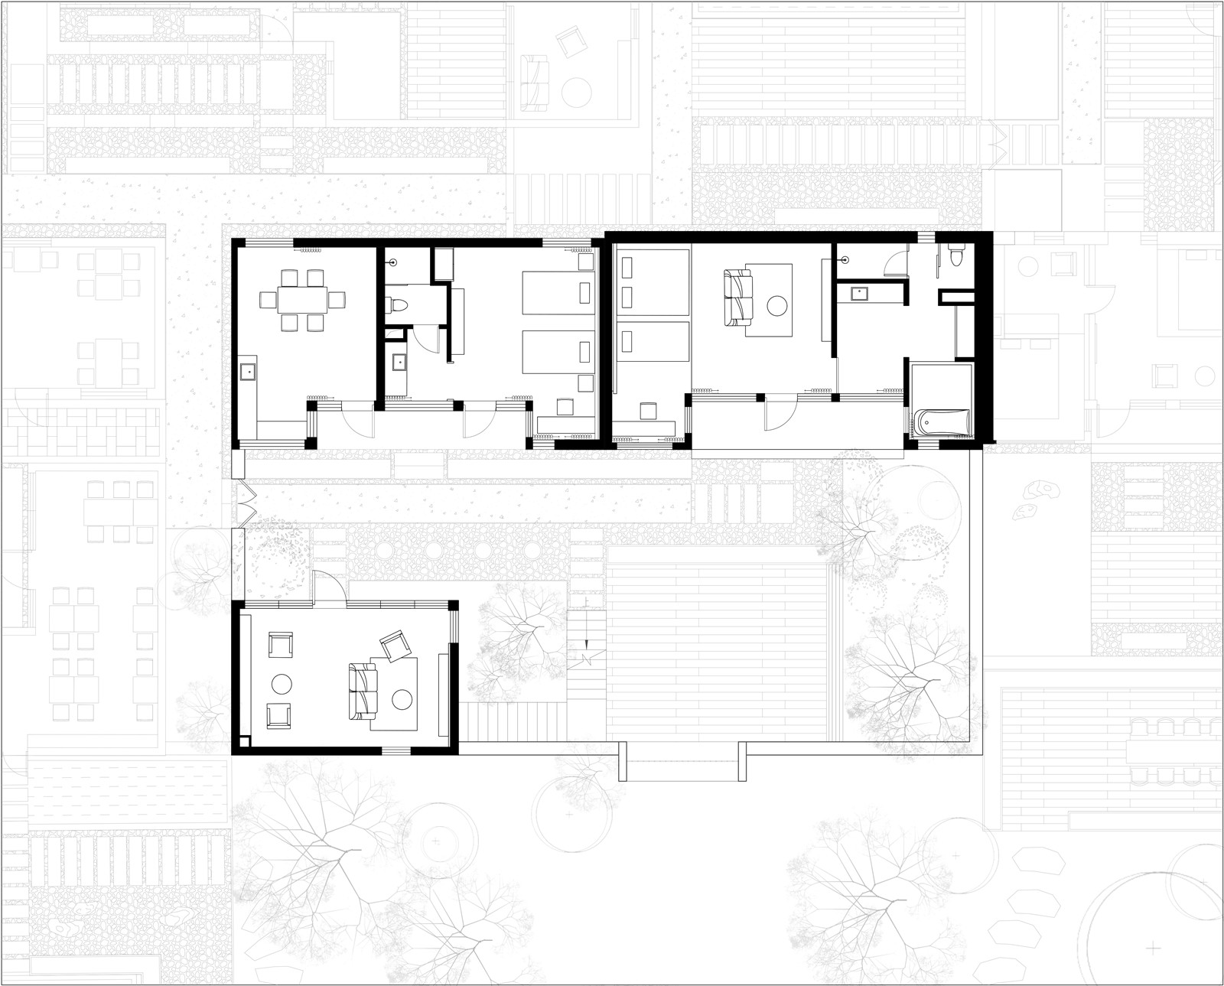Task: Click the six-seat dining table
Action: tap(302, 299)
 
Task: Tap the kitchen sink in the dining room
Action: tap(248, 372)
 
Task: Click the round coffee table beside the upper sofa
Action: tap(778, 308)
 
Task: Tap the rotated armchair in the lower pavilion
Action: tap(396, 646)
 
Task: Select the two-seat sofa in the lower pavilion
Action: tap(363, 690)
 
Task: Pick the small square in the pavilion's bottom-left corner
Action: tap(244, 740)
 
